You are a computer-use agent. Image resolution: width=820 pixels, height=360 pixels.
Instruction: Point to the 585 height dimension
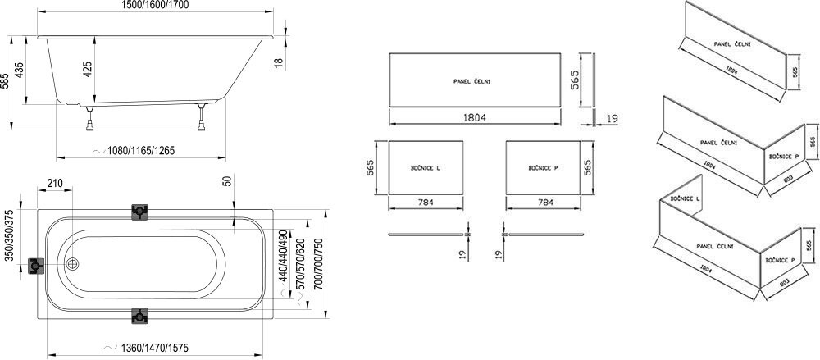point(7,82)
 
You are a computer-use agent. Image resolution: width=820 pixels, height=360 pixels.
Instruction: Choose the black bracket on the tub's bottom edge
point(140,317)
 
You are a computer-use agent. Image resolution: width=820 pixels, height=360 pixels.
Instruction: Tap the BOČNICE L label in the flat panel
point(426,168)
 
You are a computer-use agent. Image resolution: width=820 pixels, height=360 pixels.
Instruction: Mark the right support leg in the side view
point(199,117)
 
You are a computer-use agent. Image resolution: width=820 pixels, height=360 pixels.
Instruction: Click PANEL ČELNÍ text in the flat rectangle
point(472,81)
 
